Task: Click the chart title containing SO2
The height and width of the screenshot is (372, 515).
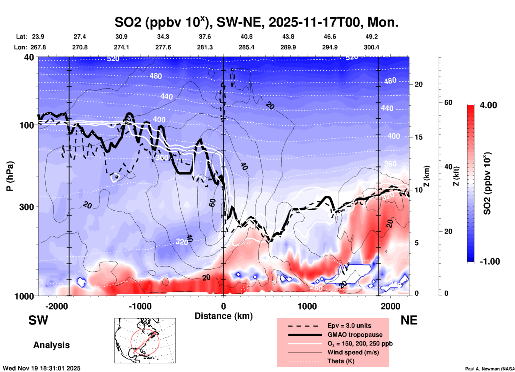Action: (x=256, y=22)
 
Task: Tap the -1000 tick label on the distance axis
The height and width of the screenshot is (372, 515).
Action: (x=140, y=306)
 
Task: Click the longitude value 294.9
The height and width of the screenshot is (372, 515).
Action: (x=330, y=47)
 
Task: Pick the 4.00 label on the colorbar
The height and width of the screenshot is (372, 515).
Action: (x=488, y=105)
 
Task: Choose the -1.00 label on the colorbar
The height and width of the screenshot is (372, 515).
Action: (x=489, y=261)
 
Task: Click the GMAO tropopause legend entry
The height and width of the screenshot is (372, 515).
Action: (x=355, y=335)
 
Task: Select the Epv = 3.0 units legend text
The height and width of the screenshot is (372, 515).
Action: (x=349, y=326)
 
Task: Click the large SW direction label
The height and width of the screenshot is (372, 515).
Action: (x=38, y=320)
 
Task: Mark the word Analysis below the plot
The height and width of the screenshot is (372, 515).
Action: (x=51, y=345)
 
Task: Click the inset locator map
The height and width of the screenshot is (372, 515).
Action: (x=145, y=341)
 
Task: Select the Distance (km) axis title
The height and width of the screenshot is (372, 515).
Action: (x=224, y=316)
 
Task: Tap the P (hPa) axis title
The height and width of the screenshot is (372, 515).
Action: (x=10, y=176)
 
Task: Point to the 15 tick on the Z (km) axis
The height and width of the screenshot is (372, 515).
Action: (x=418, y=137)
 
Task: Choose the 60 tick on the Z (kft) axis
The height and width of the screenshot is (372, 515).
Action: (x=448, y=102)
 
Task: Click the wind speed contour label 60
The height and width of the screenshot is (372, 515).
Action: (x=212, y=203)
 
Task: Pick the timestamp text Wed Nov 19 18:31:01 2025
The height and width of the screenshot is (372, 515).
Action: (x=41, y=368)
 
